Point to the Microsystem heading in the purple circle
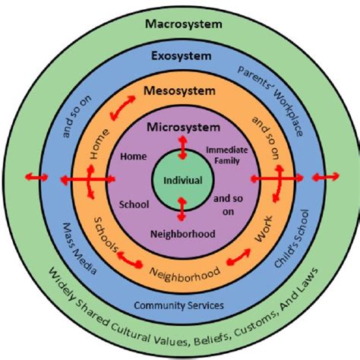(x=180, y=125)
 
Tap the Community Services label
(x=180, y=305)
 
